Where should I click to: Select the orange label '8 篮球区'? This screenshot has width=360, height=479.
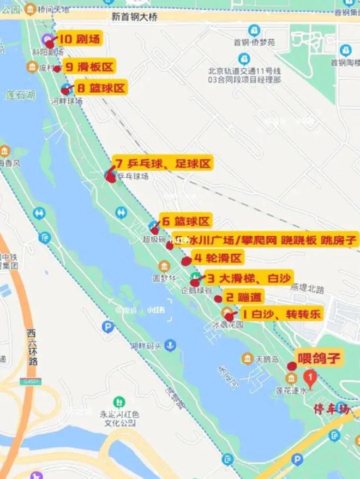click(x=101, y=88)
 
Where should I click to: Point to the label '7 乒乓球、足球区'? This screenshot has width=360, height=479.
click(x=162, y=163)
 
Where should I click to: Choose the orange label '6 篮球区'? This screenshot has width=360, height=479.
click(x=185, y=221)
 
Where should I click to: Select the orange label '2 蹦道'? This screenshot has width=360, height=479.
click(x=243, y=297)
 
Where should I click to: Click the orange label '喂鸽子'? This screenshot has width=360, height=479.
click(x=319, y=358)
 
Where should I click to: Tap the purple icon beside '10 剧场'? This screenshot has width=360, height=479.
click(x=47, y=39)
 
